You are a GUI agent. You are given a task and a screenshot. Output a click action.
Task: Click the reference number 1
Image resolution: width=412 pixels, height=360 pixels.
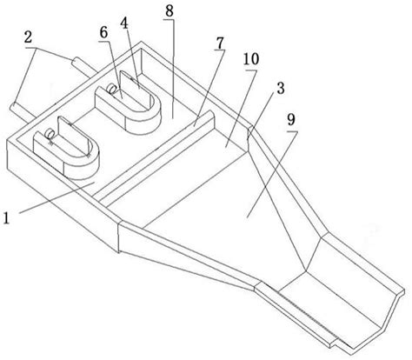coord(6,218)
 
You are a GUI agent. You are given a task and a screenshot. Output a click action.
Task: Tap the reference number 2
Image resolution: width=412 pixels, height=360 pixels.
coord(28,37)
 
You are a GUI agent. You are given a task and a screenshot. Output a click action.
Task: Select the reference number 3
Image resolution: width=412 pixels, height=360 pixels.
coord(280,88)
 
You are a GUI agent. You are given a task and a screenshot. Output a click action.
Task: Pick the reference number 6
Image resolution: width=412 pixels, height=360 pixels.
coord(103,32)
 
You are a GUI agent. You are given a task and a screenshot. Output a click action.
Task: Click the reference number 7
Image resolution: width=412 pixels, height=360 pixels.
coord(220,43)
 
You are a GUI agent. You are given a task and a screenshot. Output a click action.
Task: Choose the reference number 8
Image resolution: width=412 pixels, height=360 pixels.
coord(169,11)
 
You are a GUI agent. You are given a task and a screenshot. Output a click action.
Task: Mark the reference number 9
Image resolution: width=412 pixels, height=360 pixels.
coord(291,120)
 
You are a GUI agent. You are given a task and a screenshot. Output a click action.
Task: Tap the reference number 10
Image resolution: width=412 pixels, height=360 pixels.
coord(251,59)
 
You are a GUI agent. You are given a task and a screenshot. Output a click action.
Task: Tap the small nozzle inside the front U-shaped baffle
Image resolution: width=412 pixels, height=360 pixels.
coord(50,134)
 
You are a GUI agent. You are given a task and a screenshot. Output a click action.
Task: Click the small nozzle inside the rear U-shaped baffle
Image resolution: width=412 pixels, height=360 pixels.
coord(111,88)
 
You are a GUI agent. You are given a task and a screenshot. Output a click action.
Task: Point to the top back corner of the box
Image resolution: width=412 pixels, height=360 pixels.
coord(141,42)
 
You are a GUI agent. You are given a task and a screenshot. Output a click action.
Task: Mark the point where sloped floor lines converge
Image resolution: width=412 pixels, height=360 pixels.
coord(306,271)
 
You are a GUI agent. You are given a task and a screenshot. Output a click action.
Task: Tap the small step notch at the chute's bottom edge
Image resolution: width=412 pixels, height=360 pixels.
coord(335,343)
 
